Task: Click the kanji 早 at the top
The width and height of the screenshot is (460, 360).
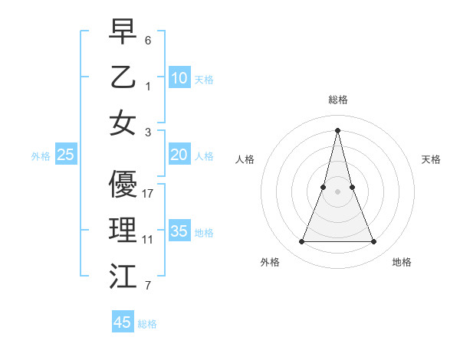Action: (123, 33)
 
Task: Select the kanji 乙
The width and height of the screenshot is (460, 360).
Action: (123, 77)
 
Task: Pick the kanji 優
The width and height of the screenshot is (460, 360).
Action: (123, 184)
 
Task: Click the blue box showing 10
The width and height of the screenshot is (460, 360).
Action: (179, 78)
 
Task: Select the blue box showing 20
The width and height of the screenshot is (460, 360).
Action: (179, 155)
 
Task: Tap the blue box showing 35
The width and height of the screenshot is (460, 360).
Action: (179, 231)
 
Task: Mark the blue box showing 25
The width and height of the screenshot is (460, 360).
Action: (66, 155)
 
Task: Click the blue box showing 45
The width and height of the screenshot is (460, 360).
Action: (123, 322)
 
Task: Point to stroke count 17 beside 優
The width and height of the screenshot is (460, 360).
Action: (148, 194)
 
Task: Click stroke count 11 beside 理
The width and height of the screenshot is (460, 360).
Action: (148, 240)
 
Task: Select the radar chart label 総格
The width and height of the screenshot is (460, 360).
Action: (338, 100)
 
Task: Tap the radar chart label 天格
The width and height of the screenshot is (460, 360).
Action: (431, 159)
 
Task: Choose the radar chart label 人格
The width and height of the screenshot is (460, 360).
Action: (245, 159)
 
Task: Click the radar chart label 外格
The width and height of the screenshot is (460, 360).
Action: (270, 262)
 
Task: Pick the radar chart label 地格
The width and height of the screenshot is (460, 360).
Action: (402, 262)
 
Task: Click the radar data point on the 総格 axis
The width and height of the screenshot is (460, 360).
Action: (338, 130)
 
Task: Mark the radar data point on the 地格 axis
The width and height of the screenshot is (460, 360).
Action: (374, 242)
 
